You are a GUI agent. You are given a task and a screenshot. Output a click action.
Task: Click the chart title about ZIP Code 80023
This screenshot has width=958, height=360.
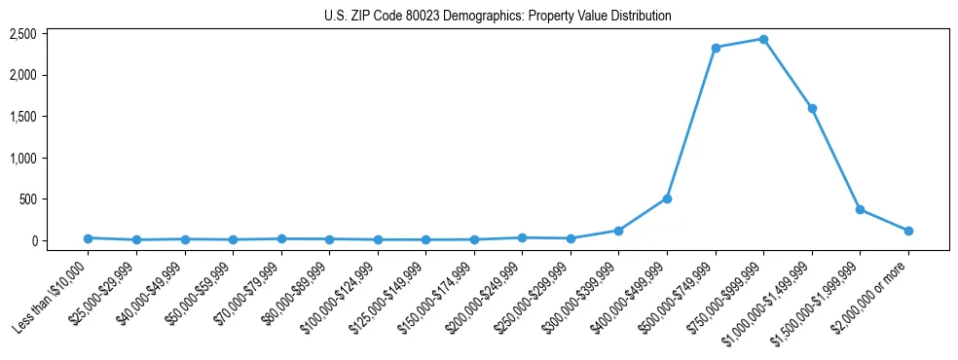pyautogui.click(x=497, y=17)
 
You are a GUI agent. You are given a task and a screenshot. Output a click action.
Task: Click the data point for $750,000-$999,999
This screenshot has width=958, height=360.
pyautogui.click(x=763, y=39)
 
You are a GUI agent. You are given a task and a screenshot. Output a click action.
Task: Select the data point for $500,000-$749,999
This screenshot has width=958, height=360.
pyautogui.click(x=716, y=48)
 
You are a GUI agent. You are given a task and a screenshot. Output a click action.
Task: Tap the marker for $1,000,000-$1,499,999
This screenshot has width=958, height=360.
pyautogui.click(x=812, y=108)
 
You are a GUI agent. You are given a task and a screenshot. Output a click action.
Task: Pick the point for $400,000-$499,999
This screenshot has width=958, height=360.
pyautogui.click(x=667, y=198)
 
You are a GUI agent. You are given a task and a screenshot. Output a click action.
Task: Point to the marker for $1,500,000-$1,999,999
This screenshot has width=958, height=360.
pyautogui.click(x=860, y=209)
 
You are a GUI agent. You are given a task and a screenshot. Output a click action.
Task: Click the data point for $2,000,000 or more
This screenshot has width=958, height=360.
pyautogui.click(x=908, y=231)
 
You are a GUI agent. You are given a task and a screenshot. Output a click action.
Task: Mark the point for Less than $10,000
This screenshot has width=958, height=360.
pyautogui.click(x=88, y=238)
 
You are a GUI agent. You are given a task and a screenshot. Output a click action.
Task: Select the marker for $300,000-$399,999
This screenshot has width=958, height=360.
pyautogui.click(x=618, y=231)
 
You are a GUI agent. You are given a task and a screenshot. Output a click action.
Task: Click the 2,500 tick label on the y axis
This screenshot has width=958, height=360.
pyautogui.click(x=22, y=34)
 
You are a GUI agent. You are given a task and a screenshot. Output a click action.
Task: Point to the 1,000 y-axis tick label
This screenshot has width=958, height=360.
pyautogui.click(x=22, y=158)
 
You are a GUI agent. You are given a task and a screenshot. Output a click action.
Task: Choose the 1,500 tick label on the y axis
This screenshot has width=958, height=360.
pyautogui.click(x=22, y=117)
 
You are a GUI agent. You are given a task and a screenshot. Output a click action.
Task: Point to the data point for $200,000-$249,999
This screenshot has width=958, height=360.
pyautogui.click(x=522, y=237)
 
